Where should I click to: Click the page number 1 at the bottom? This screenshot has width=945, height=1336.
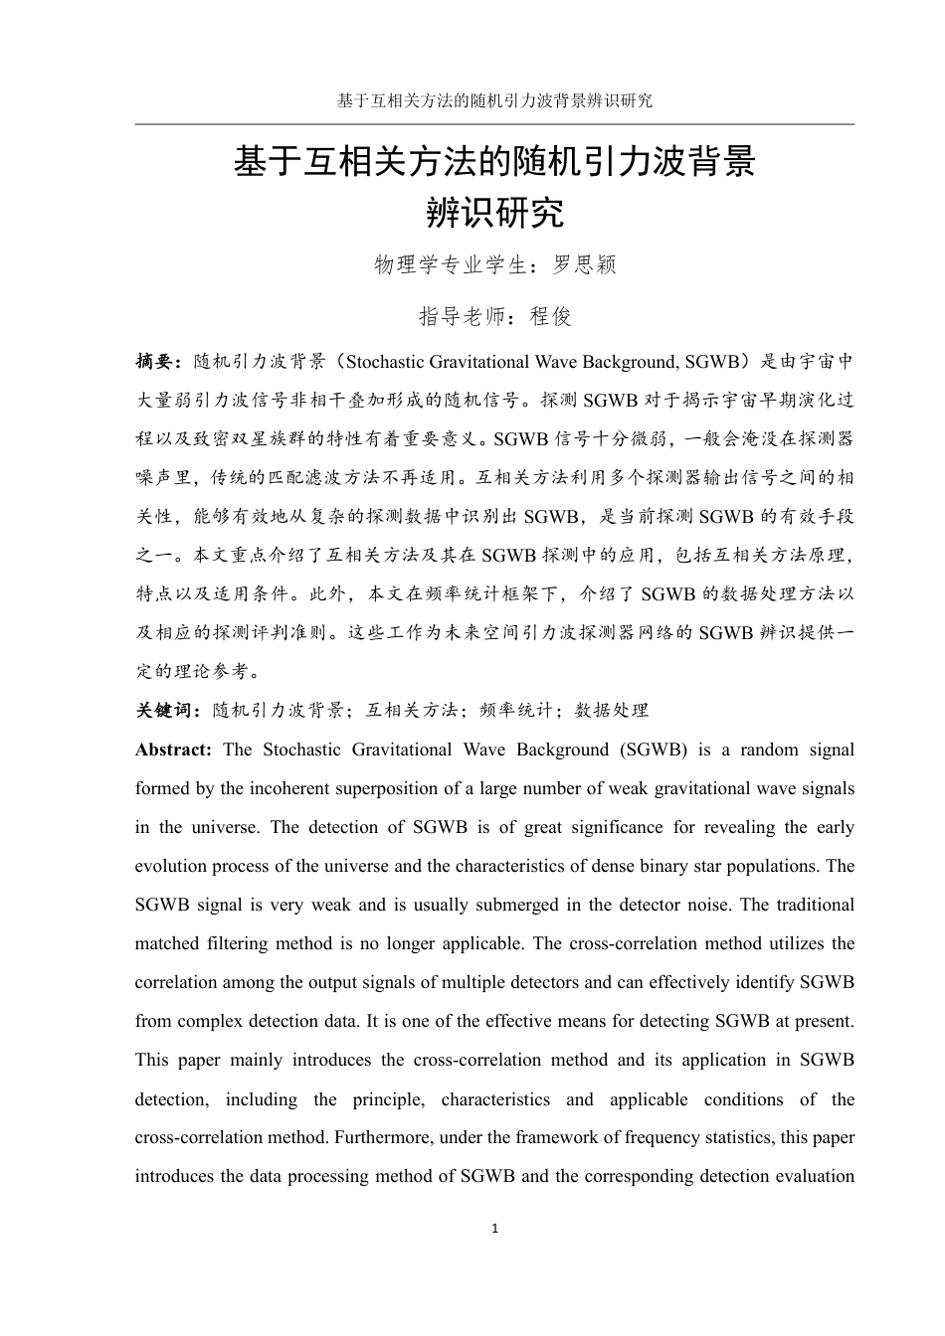pos(494,1229)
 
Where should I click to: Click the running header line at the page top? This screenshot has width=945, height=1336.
pos(494,100)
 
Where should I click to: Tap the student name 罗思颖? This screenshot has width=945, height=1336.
pos(585,264)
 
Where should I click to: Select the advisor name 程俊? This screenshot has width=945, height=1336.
pos(551,316)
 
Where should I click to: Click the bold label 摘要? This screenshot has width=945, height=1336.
pos(155,361)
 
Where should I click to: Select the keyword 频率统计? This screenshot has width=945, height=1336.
pos(515,710)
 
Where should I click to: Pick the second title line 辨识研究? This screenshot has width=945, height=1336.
pos(494,212)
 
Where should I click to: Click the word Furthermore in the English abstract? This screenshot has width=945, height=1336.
pos(383,1137)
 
